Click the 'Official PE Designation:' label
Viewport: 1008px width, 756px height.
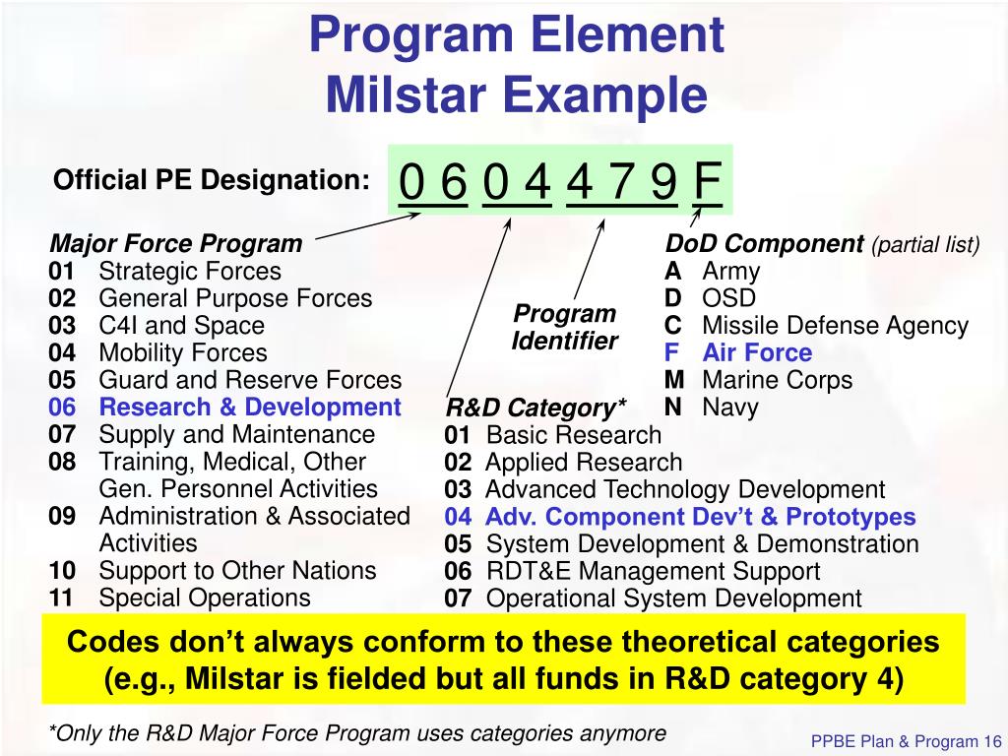pyautogui.click(x=212, y=181)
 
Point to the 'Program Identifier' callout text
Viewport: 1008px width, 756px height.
pyautogui.click(x=565, y=328)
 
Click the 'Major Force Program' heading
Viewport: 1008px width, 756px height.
pyautogui.click(x=176, y=243)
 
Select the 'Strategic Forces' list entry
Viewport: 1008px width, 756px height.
pyautogui.click(x=189, y=271)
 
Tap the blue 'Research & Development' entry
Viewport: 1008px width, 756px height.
pyautogui.click(x=250, y=408)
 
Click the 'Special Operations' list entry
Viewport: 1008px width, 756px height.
pyautogui.click(x=204, y=598)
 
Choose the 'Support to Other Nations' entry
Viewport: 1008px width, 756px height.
pyautogui.click(x=237, y=570)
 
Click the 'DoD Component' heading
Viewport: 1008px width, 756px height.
pyautogui.click(x=764, y=244)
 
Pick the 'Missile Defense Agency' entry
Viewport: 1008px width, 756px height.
pyautogui.click(x=835, y=326)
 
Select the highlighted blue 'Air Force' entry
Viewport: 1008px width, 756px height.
pyautogui.click(x=757, y=352)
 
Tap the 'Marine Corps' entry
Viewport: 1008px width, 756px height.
pyautogui.click(x=777, y=380)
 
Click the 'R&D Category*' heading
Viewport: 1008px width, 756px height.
pyautogui.click(x=536, y=408)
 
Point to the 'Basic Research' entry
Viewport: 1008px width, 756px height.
pyautogui.click(x=574, y=435)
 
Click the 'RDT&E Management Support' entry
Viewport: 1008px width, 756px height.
pyautogui.click(x=653, y=571)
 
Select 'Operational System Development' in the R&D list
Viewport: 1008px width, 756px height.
pyautogui.click(x=674, y=598)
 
